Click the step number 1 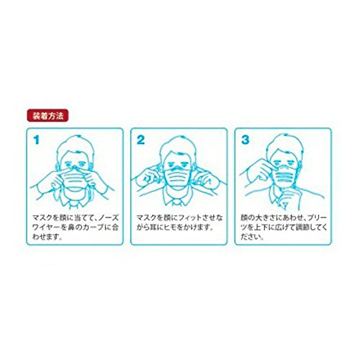click(x=33, y=139)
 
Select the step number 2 click(x=141, y=139)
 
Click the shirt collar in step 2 click(x=180, y=197)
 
